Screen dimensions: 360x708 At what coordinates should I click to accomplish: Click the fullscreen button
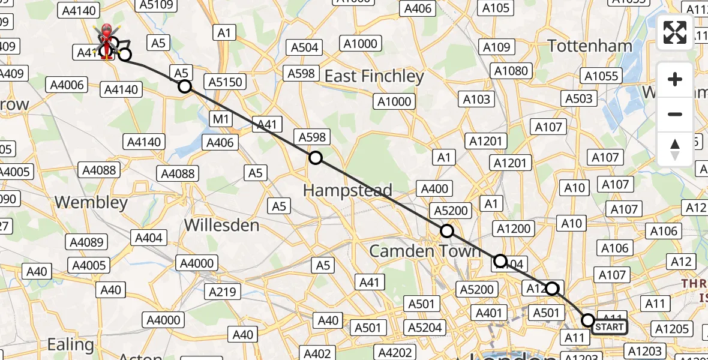tap(675, 32)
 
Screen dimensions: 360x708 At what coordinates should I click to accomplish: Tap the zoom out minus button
tap(675, 114)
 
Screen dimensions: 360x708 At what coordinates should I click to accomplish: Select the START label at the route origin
tap(610, 327)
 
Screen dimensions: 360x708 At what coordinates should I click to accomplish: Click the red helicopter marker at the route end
tap(106, 42)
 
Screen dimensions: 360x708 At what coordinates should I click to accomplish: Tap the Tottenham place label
tap(590, 46)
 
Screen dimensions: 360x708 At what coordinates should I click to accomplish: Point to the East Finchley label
tap(374, 76)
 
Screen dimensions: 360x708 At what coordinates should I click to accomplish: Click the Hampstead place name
tap(347, 190)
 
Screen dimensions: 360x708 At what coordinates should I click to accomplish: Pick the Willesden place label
tap(221, 225)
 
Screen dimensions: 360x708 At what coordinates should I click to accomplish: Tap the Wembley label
tap(91, 202)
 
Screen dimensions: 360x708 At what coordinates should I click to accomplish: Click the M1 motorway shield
tap(221, 119)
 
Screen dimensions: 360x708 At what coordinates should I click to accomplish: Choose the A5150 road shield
tap(225, 82)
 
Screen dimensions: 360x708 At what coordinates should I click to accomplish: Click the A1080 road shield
tap(511, 71)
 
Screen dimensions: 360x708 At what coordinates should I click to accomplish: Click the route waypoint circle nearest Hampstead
tap(315, 158)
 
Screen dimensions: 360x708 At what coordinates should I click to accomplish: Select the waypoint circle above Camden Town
tap(446, 231)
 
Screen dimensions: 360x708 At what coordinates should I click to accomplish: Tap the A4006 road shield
tap(67, 85)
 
